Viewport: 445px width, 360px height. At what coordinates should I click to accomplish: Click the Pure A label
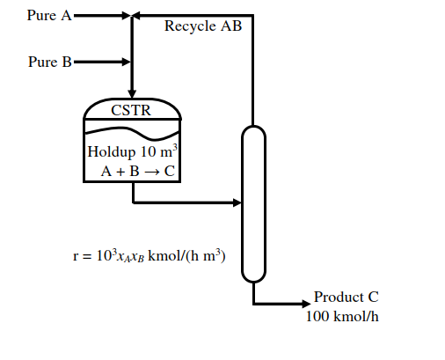click(x=49, y=15)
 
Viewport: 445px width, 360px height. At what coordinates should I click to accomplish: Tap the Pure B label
click(x=50, y=62)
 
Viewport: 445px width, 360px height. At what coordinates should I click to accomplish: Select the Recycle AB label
click(x=203, y=26)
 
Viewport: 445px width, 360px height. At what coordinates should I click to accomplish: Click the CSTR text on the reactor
click(x=131, y=110)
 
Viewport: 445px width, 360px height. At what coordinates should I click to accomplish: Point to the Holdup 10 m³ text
click(x=133, y=151)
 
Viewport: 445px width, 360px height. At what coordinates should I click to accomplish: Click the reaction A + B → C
click(x=138, y=171)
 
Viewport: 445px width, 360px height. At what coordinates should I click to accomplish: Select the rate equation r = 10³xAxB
click(x=150, y=255)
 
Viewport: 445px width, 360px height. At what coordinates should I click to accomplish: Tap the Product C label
click(x=347, y=297)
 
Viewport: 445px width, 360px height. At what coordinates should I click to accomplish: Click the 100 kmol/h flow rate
click(x=342, y=316)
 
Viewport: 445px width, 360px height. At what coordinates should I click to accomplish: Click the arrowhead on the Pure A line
click(x=127, y=15)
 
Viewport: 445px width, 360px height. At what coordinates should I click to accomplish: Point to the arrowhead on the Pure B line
click(x=127, y=62)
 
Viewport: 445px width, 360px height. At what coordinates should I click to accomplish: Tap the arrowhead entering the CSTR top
click(x=132, y=94)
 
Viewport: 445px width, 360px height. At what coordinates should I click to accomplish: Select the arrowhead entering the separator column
click(x=237, y=202)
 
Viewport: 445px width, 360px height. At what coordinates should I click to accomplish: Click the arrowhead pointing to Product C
click(x=306, y=304)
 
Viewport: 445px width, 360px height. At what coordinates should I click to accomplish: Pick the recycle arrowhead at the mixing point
click(x=137, y=15)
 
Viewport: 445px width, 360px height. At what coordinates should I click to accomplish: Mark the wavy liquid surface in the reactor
click(x=132, y=131)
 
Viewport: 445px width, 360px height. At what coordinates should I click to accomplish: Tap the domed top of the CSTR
click(x=132, y=99)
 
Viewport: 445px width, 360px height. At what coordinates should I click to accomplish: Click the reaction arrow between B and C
click(x=151, y=172)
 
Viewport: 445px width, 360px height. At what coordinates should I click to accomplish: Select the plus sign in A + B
click(x=120, y=172)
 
